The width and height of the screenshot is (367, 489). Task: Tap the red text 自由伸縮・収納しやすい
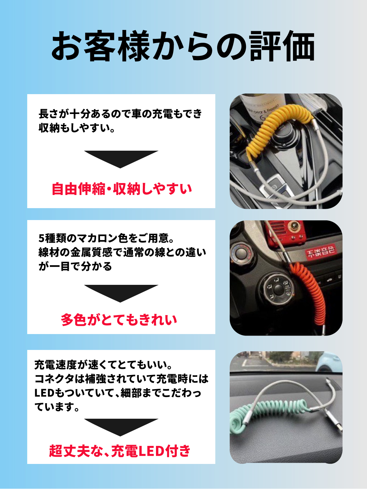click(122, 189)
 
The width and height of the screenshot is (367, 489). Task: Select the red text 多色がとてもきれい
click(119, 320)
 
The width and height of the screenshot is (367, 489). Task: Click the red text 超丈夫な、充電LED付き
click(120, 451)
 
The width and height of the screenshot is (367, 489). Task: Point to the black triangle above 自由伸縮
click(121, 159)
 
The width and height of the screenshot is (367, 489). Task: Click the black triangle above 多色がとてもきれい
click(121, 293)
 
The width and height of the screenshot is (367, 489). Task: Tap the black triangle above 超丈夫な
click(121, 427)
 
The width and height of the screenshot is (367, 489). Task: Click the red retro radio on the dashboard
click(287, 233)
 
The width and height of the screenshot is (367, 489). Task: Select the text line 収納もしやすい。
click(77, 128)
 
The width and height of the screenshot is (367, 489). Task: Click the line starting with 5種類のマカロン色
click(106, 238)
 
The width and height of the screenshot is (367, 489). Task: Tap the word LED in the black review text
click(44, 393)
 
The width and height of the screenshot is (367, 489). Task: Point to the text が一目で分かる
click(75, 267)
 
